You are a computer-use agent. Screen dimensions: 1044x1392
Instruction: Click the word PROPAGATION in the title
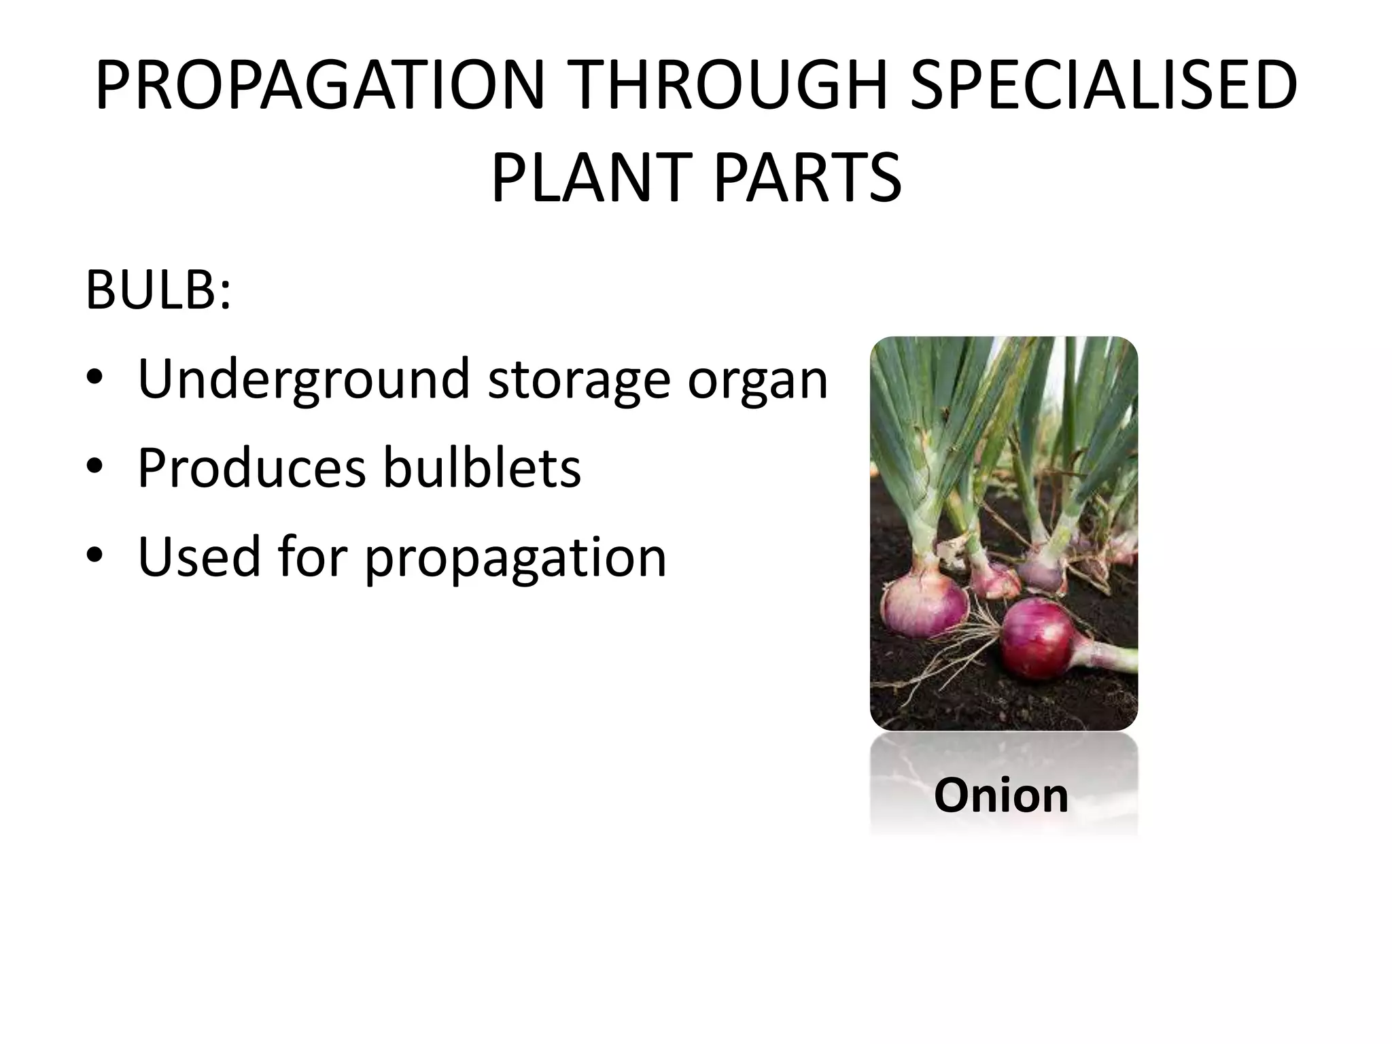coord(319,86)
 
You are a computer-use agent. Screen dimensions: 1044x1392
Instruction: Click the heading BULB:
coord(158,290)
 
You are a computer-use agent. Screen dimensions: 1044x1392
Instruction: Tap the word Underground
coord(304,379)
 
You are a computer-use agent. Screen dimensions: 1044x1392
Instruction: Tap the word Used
coord(199,557)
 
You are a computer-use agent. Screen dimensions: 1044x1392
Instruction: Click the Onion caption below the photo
coord(1001,795)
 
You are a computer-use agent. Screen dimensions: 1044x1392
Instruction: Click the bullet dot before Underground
coord(94,379)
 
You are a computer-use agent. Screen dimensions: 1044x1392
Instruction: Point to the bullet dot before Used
coord(94,557)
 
